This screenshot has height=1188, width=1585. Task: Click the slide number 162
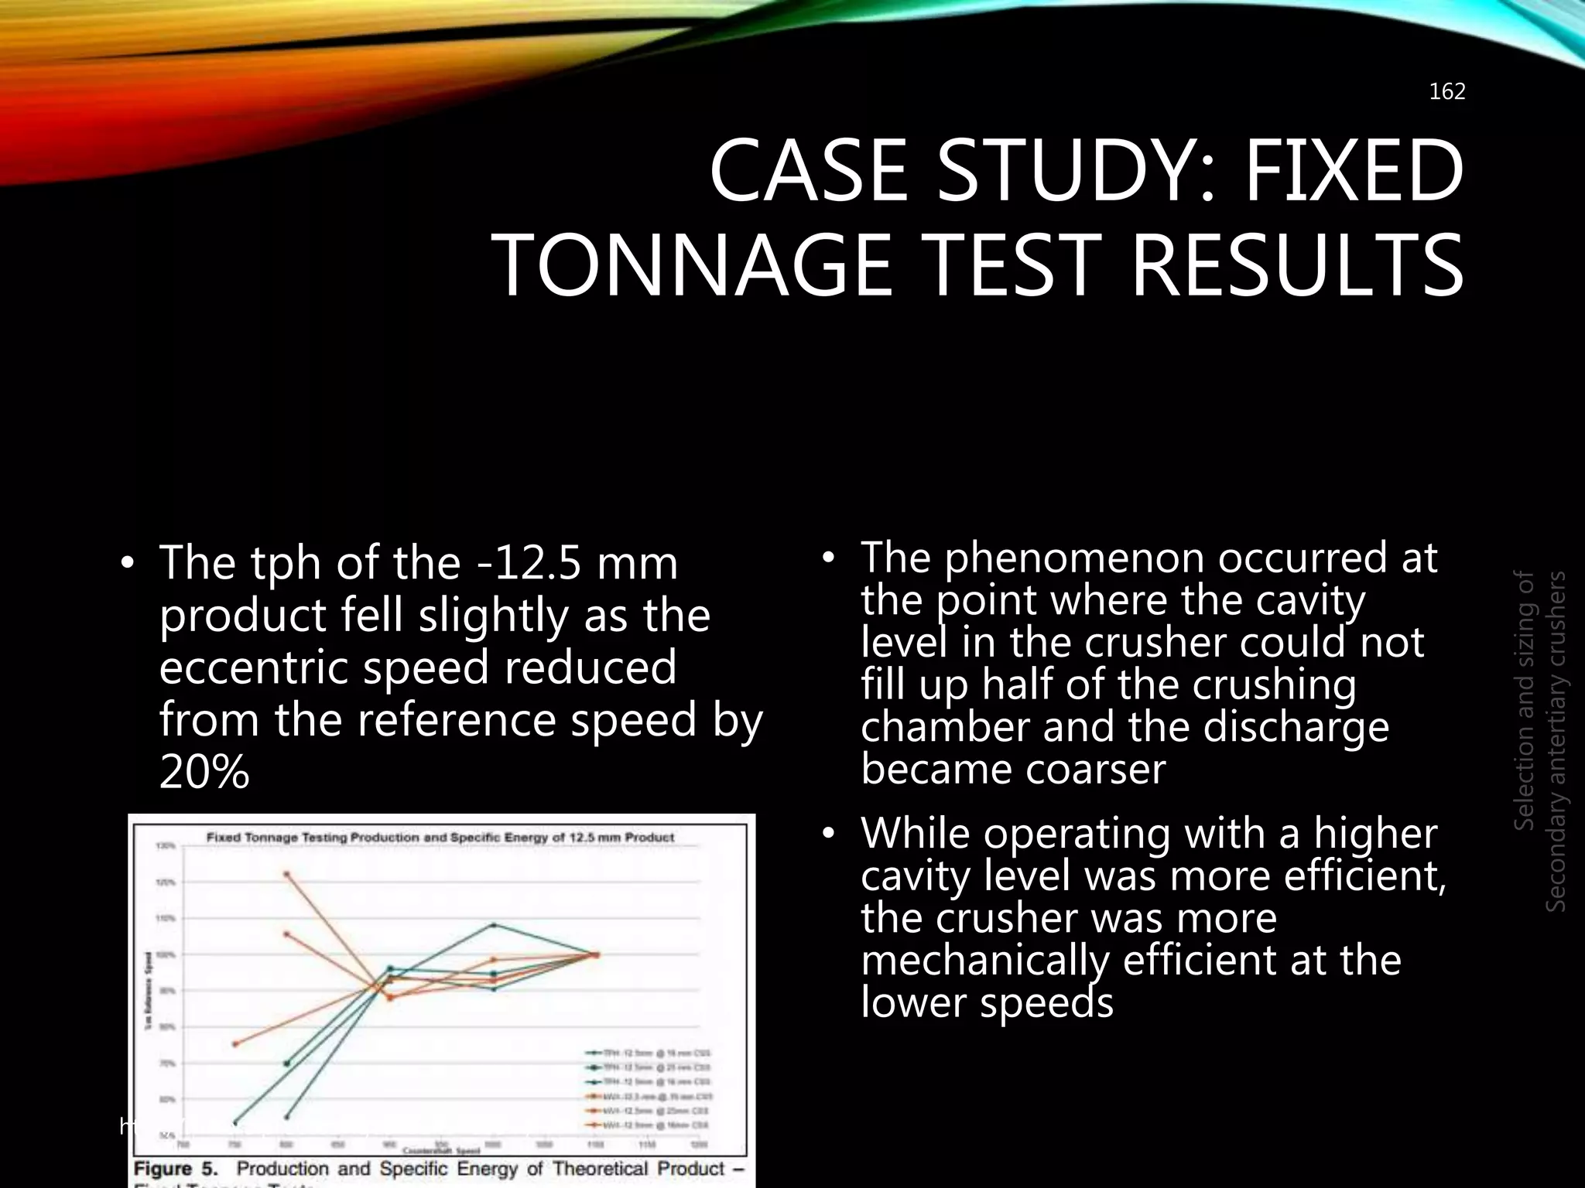1446,92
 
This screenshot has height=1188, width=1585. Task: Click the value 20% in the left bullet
204,771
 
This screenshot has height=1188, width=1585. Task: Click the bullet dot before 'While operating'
829,834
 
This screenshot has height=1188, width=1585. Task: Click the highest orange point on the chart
287,874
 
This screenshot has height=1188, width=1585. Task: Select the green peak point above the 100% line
494,924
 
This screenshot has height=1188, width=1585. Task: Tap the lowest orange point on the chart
235,1044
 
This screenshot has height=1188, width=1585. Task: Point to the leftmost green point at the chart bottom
235,1123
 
